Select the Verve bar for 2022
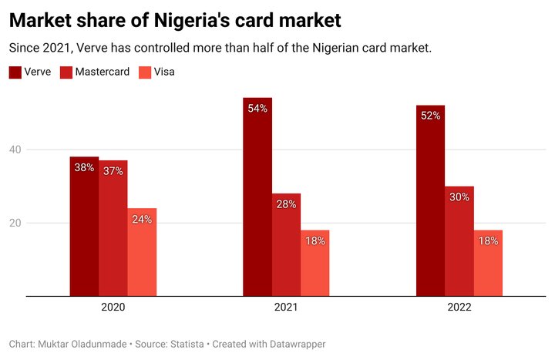(430, 200)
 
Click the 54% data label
(257, 109)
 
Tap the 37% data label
(113, 171)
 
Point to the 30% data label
(459, 197)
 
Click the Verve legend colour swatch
(15, 72)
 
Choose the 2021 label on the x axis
(286, 307)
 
